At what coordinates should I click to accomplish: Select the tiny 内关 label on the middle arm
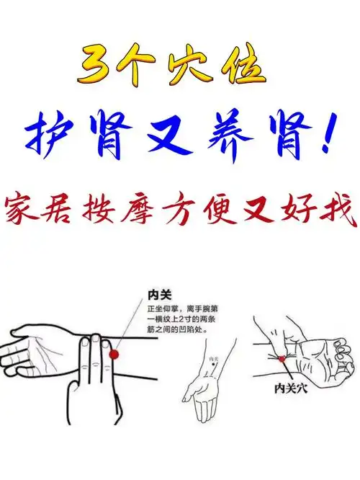[212, 358]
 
